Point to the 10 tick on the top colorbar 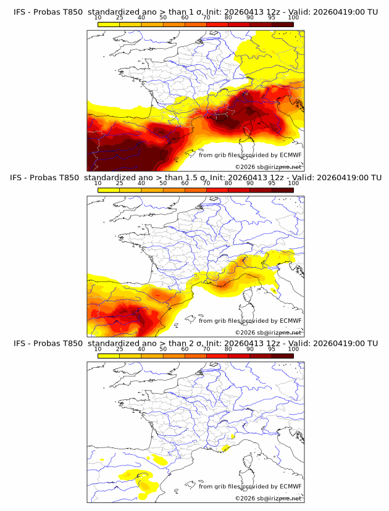(98, 18)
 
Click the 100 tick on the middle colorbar (293, 183)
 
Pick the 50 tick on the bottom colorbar (163, 349)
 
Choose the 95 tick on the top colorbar (272, 18)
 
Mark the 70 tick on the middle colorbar (206, 183)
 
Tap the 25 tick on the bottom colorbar (120, 349)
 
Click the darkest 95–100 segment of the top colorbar (282, 25)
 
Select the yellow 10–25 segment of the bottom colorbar (109, 355)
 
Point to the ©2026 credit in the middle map (244, 332)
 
